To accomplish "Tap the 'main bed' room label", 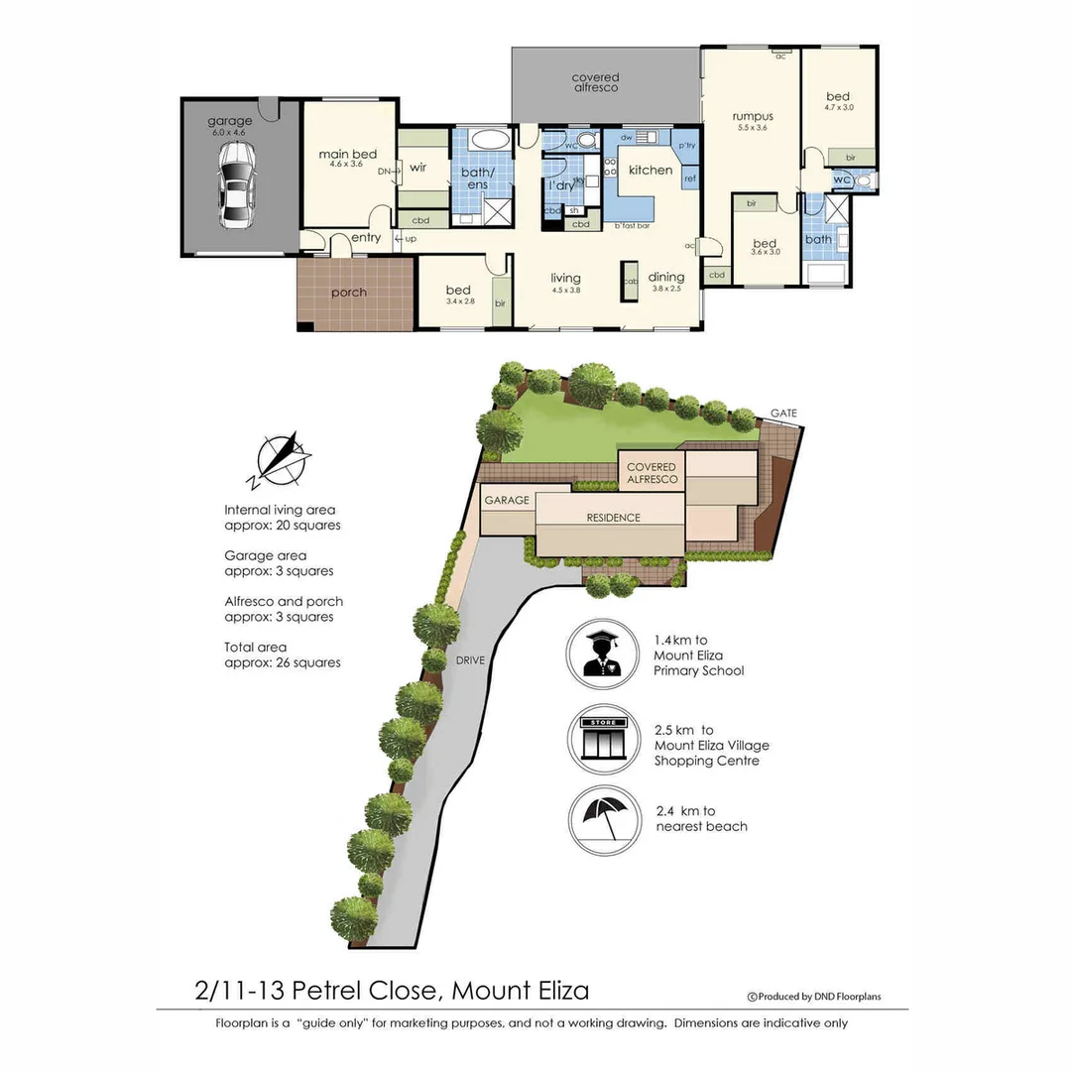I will click(x=347, y=155).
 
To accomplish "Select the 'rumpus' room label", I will click(x=753, y=116).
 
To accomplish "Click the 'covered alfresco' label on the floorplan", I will click(x=595, y=82).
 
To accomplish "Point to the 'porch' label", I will click(x=348, y=293).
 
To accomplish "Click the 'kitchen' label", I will click(x=651, y=170).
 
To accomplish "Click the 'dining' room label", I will click(x=666, y=278).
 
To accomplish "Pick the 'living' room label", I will click(x=565, y=278).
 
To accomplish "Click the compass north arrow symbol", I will click(x=283, y=459).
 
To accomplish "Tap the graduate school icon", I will click(x=602, y=653).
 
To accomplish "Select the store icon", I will click(x=603, y=739).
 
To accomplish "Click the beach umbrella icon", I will click(x=603, y=820).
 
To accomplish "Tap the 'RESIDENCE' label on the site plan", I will click(x=613, y=518).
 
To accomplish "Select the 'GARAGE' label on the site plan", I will click(x=506, y=501).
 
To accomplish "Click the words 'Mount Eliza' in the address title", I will click(x=521, y=990).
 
